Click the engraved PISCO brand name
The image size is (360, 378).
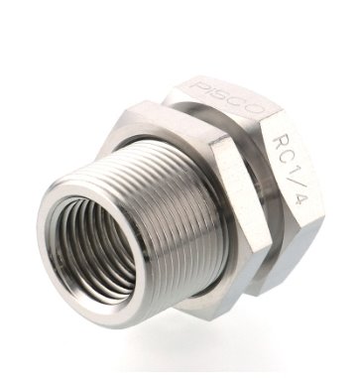(x=228, y=97)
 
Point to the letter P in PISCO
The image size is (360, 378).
(x=198, y=85)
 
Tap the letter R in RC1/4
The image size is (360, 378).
(x=278, y=143)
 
